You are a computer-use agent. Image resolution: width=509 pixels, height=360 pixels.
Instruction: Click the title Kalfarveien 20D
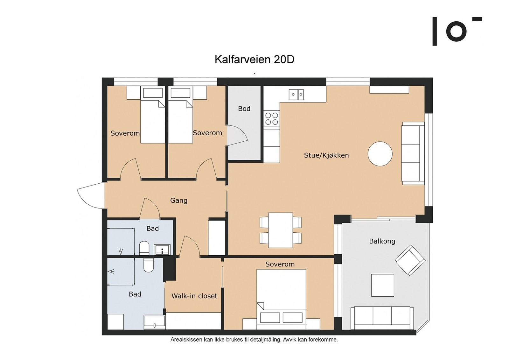coord(254,60)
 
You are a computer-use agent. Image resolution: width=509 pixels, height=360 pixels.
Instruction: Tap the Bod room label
coord(244,109)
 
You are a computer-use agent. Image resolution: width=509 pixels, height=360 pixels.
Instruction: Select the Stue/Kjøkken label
coord(326,155)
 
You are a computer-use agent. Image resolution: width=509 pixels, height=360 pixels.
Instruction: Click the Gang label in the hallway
coord(179,201)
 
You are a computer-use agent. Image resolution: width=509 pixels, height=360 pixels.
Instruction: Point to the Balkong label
coord(382,241)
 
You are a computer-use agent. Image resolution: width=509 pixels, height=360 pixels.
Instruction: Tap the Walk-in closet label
coord(194,296)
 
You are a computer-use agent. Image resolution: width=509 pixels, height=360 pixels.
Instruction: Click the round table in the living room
coord(380,154)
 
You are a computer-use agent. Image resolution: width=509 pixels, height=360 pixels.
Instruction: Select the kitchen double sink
coord(296,95)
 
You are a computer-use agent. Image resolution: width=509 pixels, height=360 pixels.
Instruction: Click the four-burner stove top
coord(272,119)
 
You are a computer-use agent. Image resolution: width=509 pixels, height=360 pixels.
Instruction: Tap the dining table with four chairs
coord(280,230)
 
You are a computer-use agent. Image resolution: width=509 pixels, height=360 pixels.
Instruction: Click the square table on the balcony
coord(383,285)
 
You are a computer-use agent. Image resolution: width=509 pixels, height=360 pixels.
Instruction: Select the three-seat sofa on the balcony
coord(382,318)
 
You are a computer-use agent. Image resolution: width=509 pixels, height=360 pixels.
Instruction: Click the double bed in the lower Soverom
coord(281,299)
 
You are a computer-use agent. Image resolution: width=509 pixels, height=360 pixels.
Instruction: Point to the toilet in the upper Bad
coord(144,248)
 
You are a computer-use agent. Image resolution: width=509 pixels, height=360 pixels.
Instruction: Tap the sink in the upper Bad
coord(162,250)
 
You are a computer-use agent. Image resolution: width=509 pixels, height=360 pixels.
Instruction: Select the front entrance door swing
coord(90,195)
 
